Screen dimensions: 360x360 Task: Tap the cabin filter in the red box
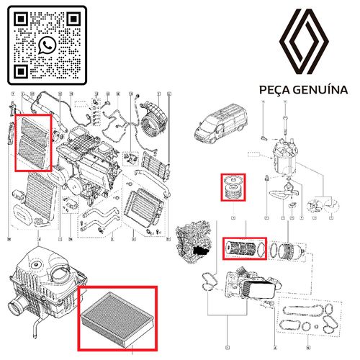33,141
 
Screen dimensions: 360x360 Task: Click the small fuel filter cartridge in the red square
234,189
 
